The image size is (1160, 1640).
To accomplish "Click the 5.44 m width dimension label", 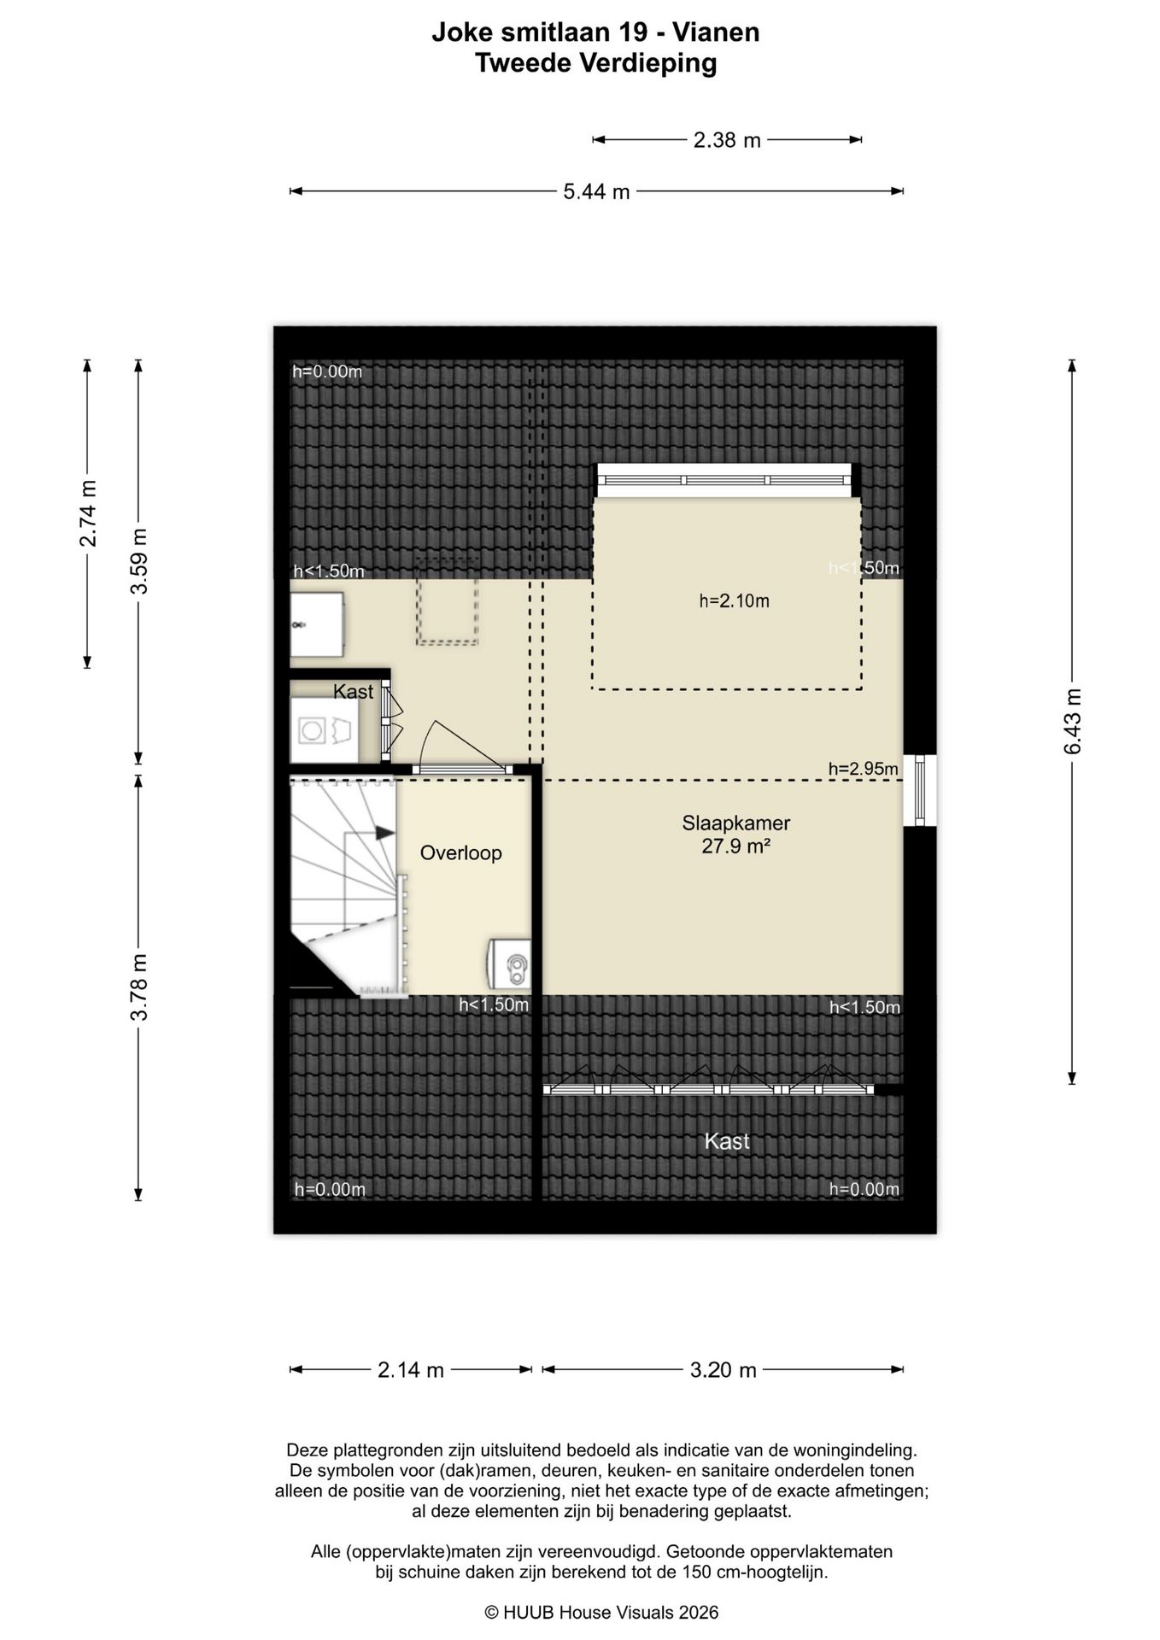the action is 596,191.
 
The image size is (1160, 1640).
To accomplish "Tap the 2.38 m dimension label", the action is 727,140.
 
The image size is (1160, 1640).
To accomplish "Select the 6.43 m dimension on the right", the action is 1073,722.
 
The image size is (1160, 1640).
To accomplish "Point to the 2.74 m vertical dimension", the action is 87,512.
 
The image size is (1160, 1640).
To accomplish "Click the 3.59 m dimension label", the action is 138,561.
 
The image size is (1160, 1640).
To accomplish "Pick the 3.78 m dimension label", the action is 138,987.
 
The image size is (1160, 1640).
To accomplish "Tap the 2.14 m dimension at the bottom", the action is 411,1370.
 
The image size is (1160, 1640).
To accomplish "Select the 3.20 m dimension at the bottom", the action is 724,1370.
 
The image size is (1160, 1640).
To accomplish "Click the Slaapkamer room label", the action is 735,823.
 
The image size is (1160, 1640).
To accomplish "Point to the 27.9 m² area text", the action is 736,846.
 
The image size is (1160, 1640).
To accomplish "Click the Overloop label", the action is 460,853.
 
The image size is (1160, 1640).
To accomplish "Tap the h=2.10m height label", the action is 735,601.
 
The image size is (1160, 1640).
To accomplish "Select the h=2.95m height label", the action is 864,769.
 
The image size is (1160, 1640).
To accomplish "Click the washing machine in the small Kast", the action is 324,730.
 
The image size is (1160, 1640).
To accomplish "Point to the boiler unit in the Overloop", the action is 509,966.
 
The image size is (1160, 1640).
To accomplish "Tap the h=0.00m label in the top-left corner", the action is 327,372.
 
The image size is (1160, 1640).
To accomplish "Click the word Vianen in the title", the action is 716,32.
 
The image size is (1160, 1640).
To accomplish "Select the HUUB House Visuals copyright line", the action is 601,1613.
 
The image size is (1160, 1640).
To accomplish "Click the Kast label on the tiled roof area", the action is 727,1141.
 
